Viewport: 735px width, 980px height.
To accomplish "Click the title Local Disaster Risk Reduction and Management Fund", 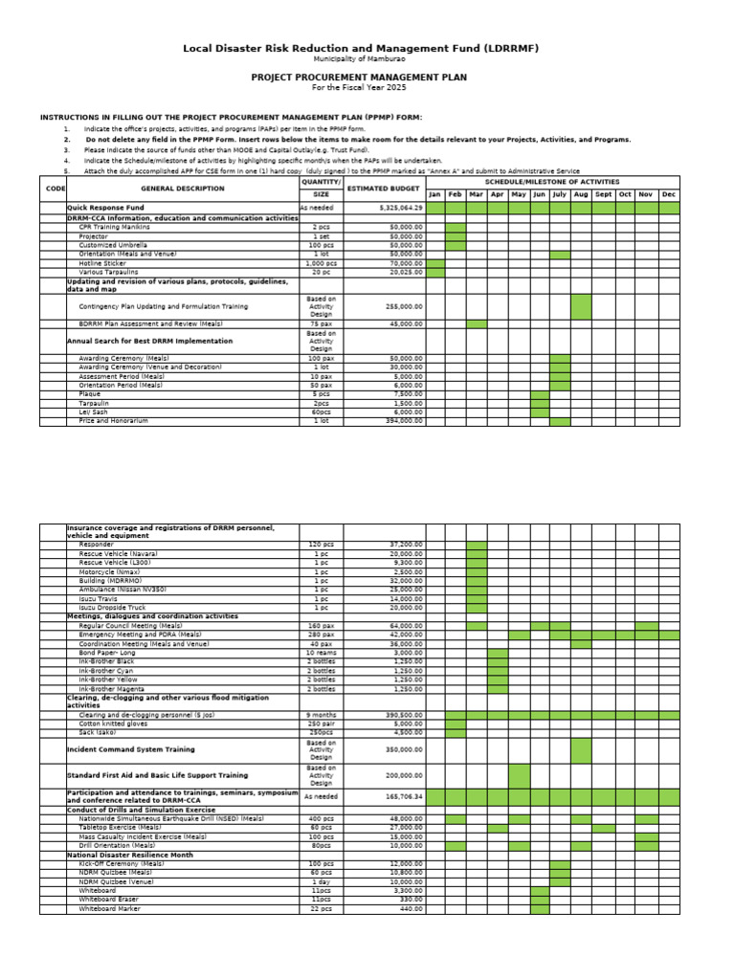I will pyautogui.click(x=359, y=48).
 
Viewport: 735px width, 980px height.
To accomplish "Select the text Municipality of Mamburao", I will pyautogui.click(x=359, y=59).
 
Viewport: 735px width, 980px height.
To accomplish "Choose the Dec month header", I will pyautogui.click(x=668, y=194).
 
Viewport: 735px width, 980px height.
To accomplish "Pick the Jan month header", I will pyautogui.click(x=435, y=194).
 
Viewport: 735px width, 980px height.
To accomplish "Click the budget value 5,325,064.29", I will pyautogui.click(x=401, y=207).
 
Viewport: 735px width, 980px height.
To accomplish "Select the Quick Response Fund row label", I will pyautogui.click(x=105, y=207).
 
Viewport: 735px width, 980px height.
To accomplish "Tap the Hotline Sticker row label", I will pyautogui.click(x=102, y=263).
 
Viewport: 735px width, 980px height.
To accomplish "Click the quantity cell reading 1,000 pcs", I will pyautogui.click(x=321, y=263).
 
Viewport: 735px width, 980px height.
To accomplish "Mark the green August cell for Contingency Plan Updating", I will pyautogui.click(x=581, y=306).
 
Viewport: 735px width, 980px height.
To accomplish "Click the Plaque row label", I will pyautogui.click(x=90, y=393).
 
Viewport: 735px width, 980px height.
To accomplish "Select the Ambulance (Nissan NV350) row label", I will pyautogui.click(x=122, y=589).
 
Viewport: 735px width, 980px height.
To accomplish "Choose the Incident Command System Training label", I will pyautogui.click(x=130, y=749).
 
